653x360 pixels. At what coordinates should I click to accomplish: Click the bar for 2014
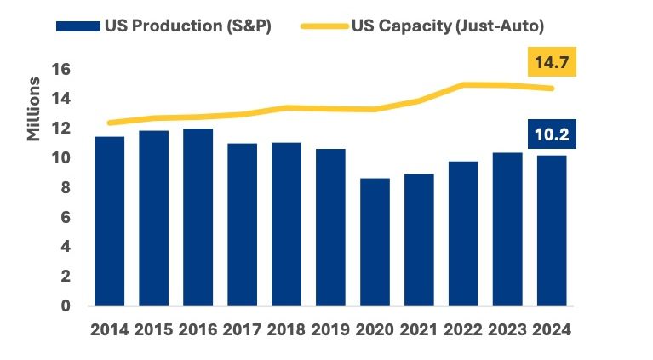click(110, 221)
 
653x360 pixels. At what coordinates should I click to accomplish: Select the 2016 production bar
click(198, 217)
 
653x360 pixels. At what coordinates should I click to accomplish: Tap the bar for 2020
click(375, 242)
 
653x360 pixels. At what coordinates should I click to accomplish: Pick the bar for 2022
click(463, 233)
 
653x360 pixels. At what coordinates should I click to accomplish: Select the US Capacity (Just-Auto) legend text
click(448, 26)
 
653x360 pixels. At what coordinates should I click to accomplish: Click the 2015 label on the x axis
click(153, 329)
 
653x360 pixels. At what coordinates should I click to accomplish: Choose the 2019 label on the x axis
click(330, 329)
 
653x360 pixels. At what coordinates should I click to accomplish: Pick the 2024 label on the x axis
click(552, 329)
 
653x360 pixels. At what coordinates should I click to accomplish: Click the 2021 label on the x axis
click(419, 329)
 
